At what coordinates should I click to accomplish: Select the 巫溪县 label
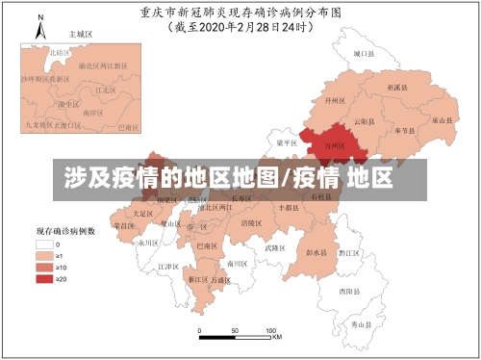click(396, 87)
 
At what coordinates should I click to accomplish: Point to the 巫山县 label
click(442, 120)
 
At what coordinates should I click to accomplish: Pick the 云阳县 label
click(364, 121)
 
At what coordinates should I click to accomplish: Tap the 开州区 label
click(335, 99)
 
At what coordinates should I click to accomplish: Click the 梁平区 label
click(288, 141)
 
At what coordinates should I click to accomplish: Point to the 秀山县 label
click(361, 325)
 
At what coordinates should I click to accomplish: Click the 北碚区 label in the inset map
click(61, 52)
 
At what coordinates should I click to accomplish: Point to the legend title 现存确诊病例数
click(64, 232)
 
